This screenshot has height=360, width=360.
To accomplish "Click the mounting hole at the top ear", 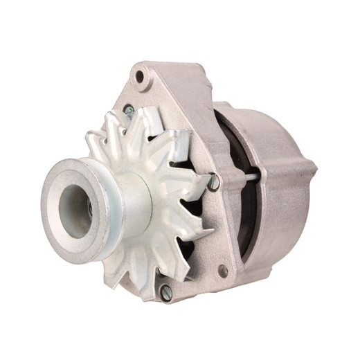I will point(141,75).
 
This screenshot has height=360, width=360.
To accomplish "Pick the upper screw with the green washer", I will point(129,110).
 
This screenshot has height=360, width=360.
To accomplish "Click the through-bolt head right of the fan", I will point(215,182).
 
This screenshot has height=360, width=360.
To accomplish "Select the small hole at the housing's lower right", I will point(223,271).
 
